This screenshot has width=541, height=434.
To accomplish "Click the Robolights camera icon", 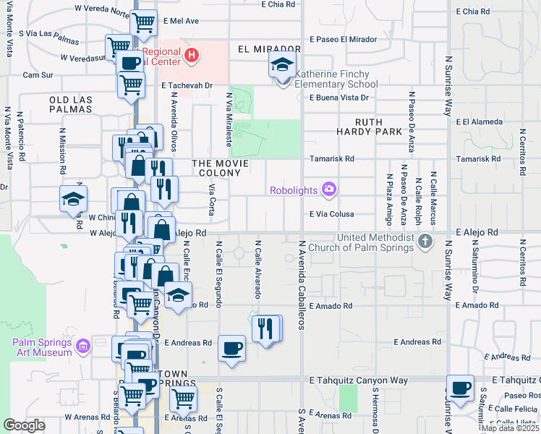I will (330, 190).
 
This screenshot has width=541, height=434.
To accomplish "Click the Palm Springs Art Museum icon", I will (83, 346).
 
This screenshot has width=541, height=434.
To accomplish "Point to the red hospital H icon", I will (191, 54).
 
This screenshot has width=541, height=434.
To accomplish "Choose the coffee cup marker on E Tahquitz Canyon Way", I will (460, 388).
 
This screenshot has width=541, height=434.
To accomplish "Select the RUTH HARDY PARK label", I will (369, 127).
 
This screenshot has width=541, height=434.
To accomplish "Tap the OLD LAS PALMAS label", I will (71, 103).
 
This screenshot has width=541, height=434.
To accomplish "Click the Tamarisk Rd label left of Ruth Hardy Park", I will (331, 158).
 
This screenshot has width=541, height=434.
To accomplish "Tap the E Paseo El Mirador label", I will (343, 38).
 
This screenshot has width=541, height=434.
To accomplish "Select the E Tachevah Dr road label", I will (186, 85).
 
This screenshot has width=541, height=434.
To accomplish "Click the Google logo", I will (25, 425).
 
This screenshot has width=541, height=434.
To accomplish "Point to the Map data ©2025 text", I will (509, 428).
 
